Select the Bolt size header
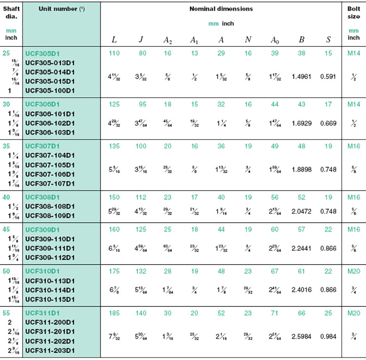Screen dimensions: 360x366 (353, 12)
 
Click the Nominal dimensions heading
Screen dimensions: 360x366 (221, 9)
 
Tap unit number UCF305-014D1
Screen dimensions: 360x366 (50, 72)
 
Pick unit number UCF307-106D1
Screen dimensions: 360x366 (50, 174)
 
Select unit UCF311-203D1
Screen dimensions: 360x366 (50, 350)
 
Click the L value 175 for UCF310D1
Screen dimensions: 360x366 (114, 271)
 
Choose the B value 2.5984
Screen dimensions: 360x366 (301, 336)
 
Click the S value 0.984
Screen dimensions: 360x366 (328, 336)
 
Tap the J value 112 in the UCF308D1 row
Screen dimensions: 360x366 (141, 197)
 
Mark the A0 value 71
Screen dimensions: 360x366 (274, 313)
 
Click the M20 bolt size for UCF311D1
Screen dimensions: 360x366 (353, 313)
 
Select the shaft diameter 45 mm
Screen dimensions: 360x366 (6, 229)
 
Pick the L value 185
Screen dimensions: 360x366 (114, 313)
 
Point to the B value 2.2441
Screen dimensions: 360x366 (301, 248)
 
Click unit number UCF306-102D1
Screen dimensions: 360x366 (50, 123)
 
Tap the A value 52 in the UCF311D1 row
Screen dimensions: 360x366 (221, 313)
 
